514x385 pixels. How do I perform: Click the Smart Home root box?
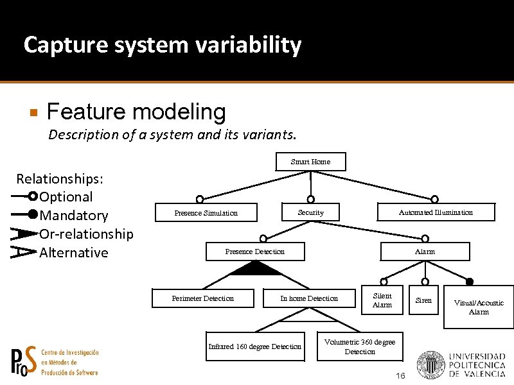click(310, 162)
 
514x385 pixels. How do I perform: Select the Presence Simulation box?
click(206, 213)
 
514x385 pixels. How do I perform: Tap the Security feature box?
click(311, 212)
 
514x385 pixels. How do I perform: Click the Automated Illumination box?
click(436, 212)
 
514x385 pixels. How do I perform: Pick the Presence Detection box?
click(255, 252)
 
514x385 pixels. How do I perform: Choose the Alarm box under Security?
click(425, 252)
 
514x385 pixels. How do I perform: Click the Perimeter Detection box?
click(203, 298)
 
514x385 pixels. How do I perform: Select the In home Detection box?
click(309, 298)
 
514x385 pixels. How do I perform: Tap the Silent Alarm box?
click(382, 301)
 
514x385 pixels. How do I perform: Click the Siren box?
click(424, 300)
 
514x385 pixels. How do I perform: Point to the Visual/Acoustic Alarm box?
click(479, 307)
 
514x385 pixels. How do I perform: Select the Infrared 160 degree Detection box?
click(255, 346)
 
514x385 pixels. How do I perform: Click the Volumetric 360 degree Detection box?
click(360, 346)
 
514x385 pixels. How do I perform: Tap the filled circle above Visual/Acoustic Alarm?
click(470, 281)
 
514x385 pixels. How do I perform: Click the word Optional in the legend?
click(66, 197)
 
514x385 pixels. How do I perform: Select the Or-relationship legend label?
click(86, 234)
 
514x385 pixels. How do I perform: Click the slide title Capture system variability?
click(162, 45)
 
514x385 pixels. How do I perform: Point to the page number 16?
click(400, 375)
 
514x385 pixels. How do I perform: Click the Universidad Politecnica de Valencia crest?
click(430, 364)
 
